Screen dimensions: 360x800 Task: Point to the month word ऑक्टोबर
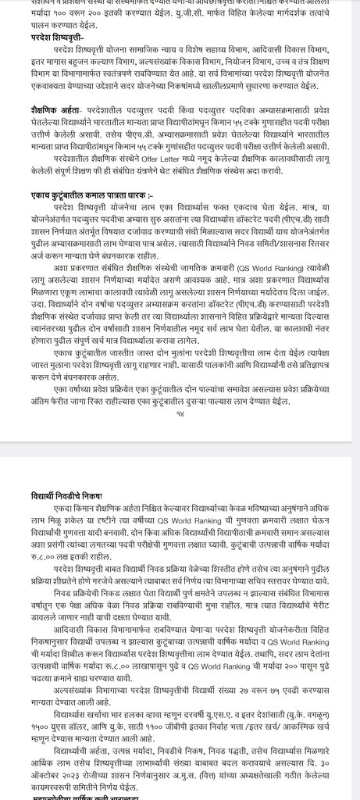[x=34, y=781]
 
